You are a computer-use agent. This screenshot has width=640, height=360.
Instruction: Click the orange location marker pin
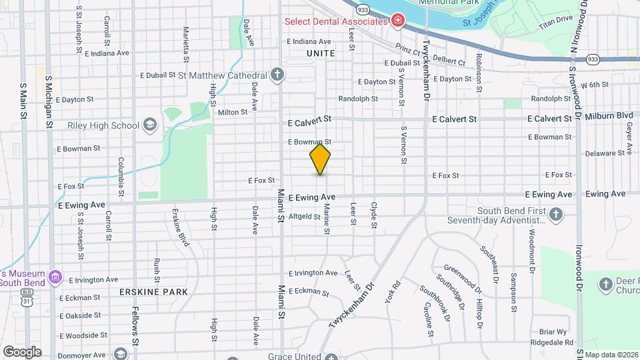pos(320,159)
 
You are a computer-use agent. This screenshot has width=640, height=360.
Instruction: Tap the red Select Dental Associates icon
pos(397,21)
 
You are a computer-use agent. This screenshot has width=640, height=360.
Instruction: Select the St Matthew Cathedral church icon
pos(278,75)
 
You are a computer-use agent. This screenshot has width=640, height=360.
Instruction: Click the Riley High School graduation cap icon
pos(151,125)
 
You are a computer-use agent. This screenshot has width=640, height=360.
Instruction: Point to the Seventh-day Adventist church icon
pos(557,215)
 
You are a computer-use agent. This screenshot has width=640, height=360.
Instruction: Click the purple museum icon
pos(55,275)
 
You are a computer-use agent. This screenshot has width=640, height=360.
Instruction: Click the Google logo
pos(22,351)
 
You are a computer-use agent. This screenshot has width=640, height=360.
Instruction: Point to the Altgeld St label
pos(305,216)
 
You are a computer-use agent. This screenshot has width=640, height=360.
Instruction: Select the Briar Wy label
pos(553,331)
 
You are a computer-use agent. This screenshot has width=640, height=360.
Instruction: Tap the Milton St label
pos(233,112)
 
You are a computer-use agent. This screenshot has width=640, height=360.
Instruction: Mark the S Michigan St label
pos(49,101)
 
